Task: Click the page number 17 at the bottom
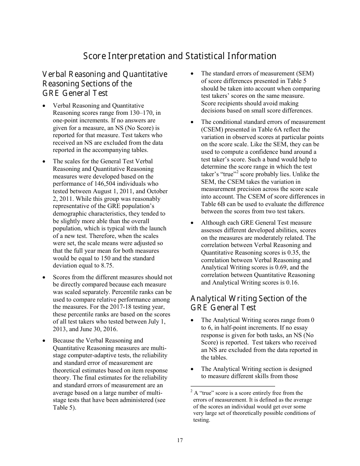click(180, 440)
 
